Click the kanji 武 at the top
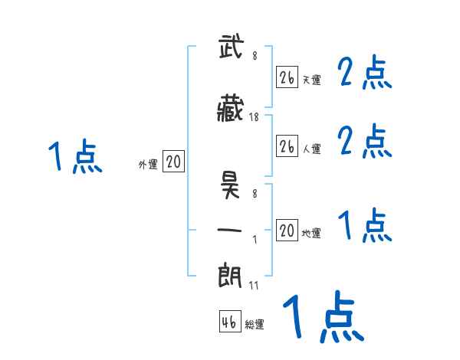pos(232,47)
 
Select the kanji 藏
pos(232,110)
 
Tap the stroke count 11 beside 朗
pos(254,285)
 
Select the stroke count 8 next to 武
pos(254,54)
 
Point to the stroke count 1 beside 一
pos(254,240)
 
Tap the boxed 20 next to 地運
pos(287,230)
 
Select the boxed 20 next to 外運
pos(173,162)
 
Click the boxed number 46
pos(229,322)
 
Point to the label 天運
pos(310,80)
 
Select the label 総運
pos(255,325)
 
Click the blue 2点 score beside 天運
pos(365,74)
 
